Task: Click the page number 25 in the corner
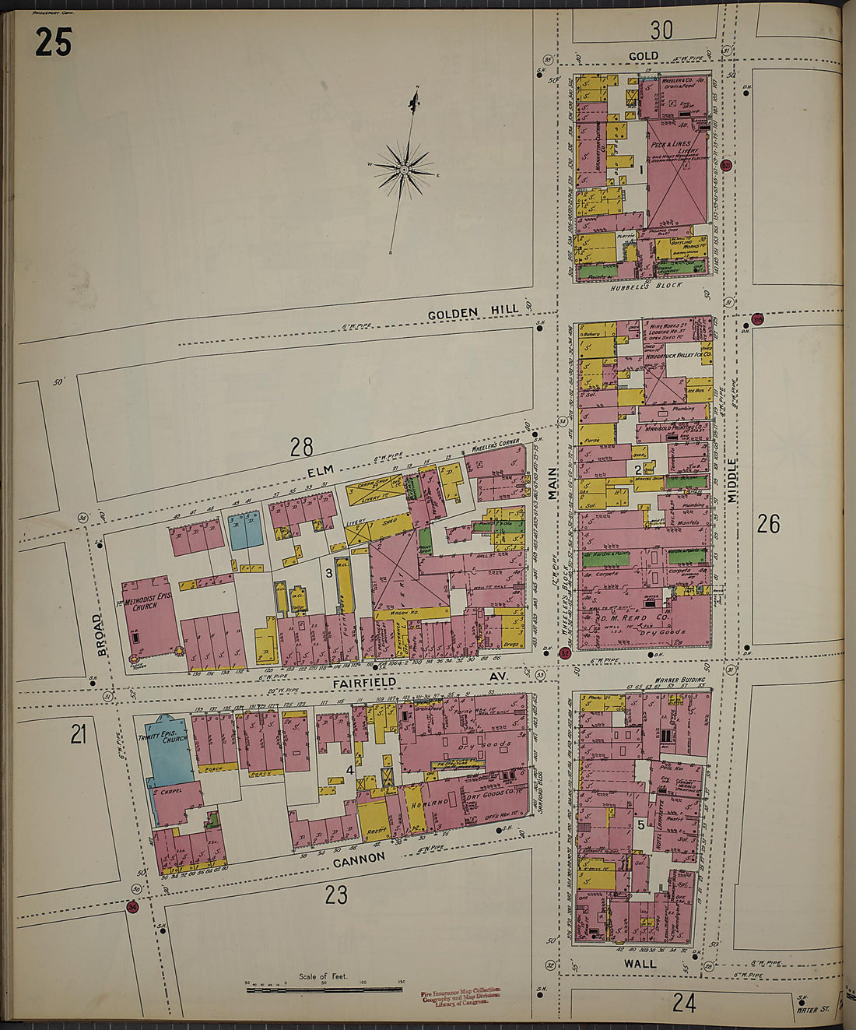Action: pos(53,42)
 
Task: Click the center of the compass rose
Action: pos(404,169)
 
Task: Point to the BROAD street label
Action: pos(100,635)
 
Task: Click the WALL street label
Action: pos(640,963)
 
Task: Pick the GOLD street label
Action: pos(643,56)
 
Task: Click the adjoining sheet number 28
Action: pos(301,447)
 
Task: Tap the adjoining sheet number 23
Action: pos(336,895)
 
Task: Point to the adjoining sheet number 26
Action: pos(768,524)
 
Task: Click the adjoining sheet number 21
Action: pos(78,734)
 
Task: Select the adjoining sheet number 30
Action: pos(661,30)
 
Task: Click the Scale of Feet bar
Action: pos(325,990)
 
